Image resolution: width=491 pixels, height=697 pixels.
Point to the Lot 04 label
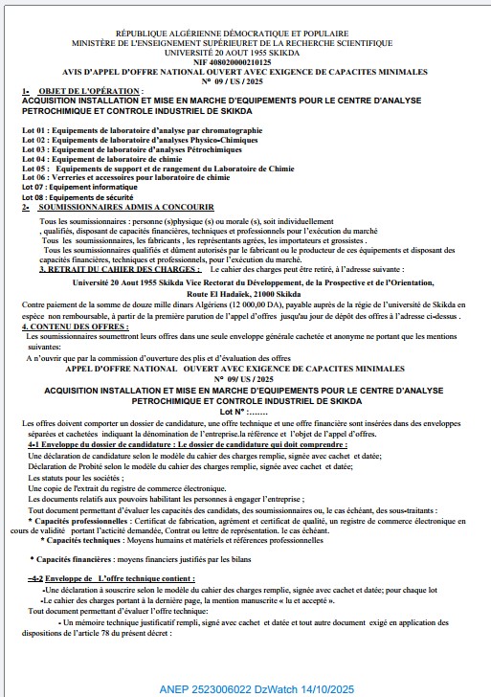click(x=33, y=159)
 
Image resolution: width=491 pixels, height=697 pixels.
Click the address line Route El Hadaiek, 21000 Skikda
click(x=245, y=292)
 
